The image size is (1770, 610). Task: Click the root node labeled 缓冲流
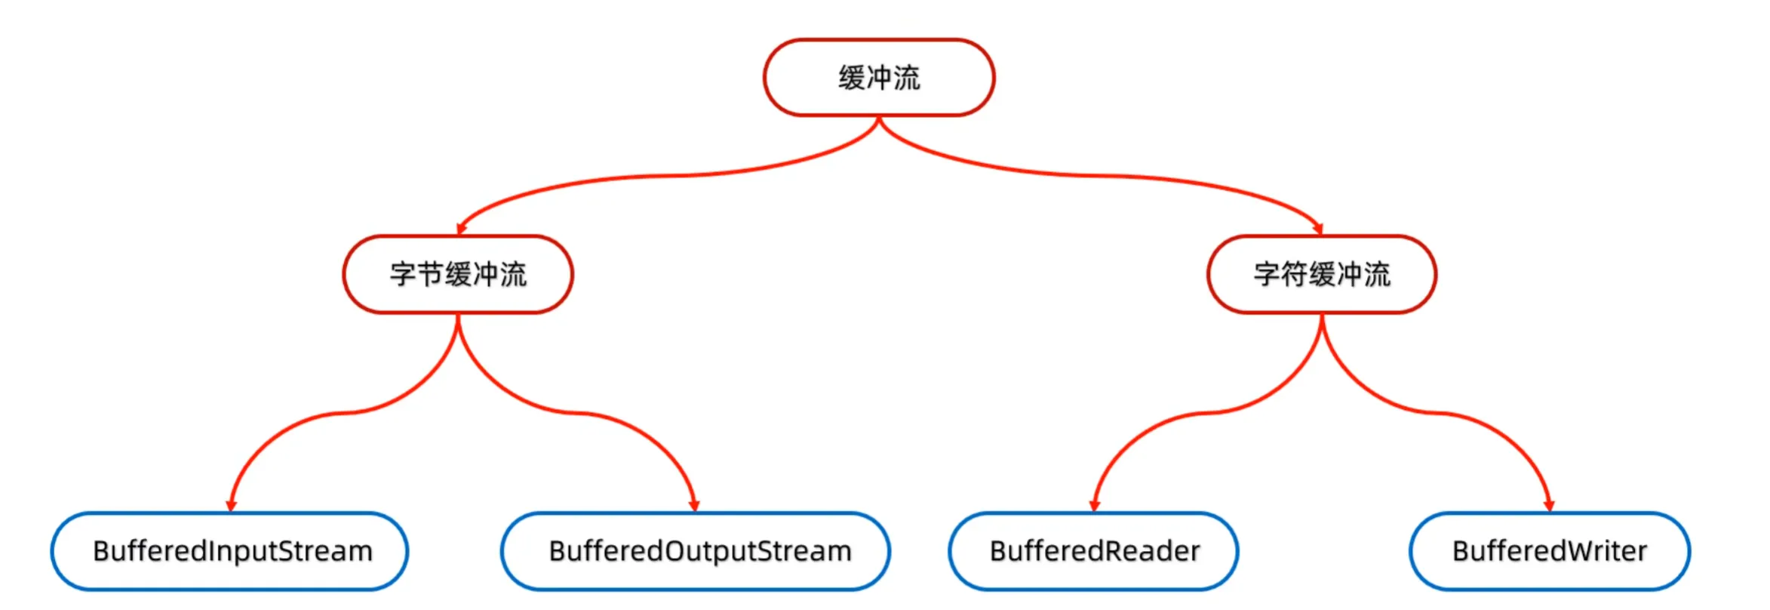click(879, 78)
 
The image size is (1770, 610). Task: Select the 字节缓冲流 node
click(458, 274)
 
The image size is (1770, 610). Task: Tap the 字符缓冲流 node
click(1322, 274)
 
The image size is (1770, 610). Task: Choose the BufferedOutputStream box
click(696, 551)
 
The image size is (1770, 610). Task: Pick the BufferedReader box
click(1093, 551)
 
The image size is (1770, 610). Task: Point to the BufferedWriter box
click(1550, 551)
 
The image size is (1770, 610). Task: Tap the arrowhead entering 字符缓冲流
click(1318, 229)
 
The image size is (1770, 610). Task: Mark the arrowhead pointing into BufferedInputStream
click(231, 506)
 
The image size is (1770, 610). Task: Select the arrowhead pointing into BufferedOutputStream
click(694, 506)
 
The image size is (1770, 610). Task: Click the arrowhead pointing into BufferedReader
click(1095, 506)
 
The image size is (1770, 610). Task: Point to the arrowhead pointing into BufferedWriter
click(1549, 506)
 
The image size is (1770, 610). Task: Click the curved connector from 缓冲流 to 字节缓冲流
click(664, 177)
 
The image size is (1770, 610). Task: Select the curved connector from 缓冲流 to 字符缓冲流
click(1094, 176)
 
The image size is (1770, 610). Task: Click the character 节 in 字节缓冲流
click(430, 274)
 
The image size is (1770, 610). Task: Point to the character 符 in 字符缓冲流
click(1294, 274)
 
